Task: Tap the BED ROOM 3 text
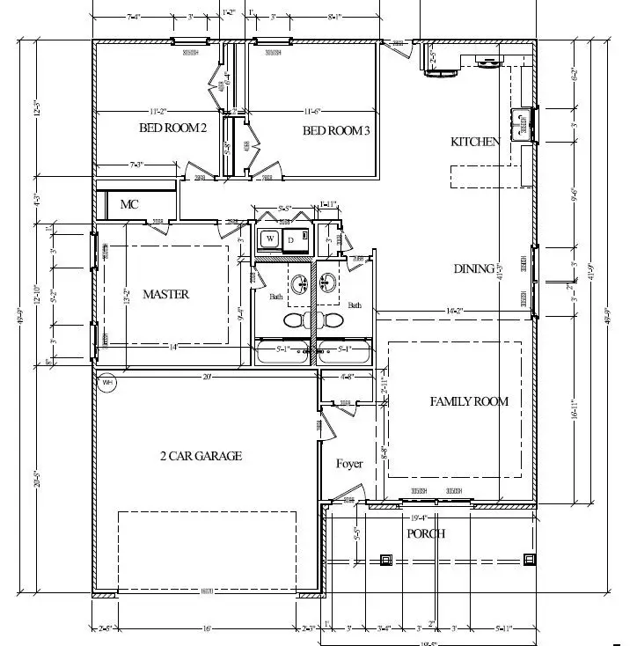(336, 131)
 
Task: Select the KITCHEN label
(475, 142)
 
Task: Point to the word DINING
(473, 268)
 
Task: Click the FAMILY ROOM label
(469, 401)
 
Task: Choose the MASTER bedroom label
(165, 294)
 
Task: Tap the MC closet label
(129, 204)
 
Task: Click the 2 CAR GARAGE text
(201, 456)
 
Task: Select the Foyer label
(349, 464)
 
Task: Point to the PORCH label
(425, 533)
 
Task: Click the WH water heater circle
(107, 383)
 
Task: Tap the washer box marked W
(270, 239)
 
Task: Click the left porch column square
(385, 559)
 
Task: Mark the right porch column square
(529, 558)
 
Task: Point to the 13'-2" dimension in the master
(127, 299)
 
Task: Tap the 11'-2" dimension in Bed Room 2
(158, 111)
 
